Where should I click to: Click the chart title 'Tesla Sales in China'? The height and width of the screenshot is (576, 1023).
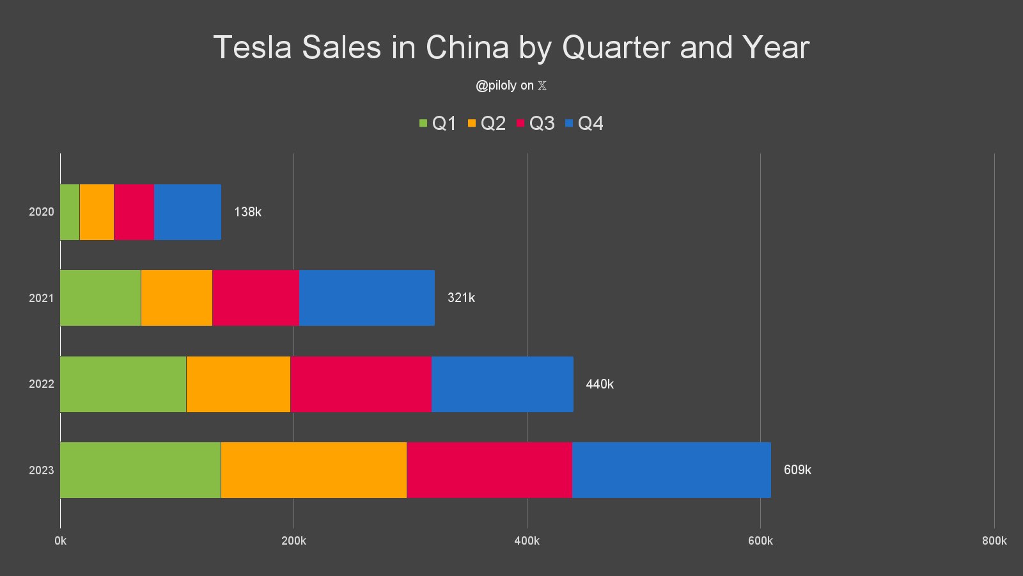click(511, 47)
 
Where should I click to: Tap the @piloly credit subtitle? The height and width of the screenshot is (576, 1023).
click(511, 85)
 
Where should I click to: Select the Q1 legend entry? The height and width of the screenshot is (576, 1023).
click(437, 123)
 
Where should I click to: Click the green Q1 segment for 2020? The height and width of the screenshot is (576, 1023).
click(70, 212)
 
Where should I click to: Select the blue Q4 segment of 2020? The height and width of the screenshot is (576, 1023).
click(187, 212)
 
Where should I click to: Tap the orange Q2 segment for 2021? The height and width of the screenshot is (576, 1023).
click(176, 298)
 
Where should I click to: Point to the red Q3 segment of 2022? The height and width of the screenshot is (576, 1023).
click(361, 384)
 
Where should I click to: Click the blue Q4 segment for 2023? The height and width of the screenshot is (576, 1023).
click(671, 470)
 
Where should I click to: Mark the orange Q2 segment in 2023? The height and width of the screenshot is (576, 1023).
click(313, 470)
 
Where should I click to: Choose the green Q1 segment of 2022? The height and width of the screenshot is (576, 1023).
click(123, 384)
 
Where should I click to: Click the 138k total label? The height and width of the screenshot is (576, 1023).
click(247, 212)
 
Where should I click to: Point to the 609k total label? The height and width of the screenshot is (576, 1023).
click(797, 470)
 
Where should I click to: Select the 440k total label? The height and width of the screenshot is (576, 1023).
click(600, 384)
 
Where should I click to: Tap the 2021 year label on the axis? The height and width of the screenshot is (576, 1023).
click(42, 298)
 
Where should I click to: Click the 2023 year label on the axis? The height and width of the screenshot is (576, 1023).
click(42, 470)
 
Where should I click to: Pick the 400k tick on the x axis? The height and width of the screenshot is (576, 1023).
click(527, 541)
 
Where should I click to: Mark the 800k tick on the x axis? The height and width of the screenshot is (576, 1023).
click(994, 541)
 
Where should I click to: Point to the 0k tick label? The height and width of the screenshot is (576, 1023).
click(60, 541)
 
